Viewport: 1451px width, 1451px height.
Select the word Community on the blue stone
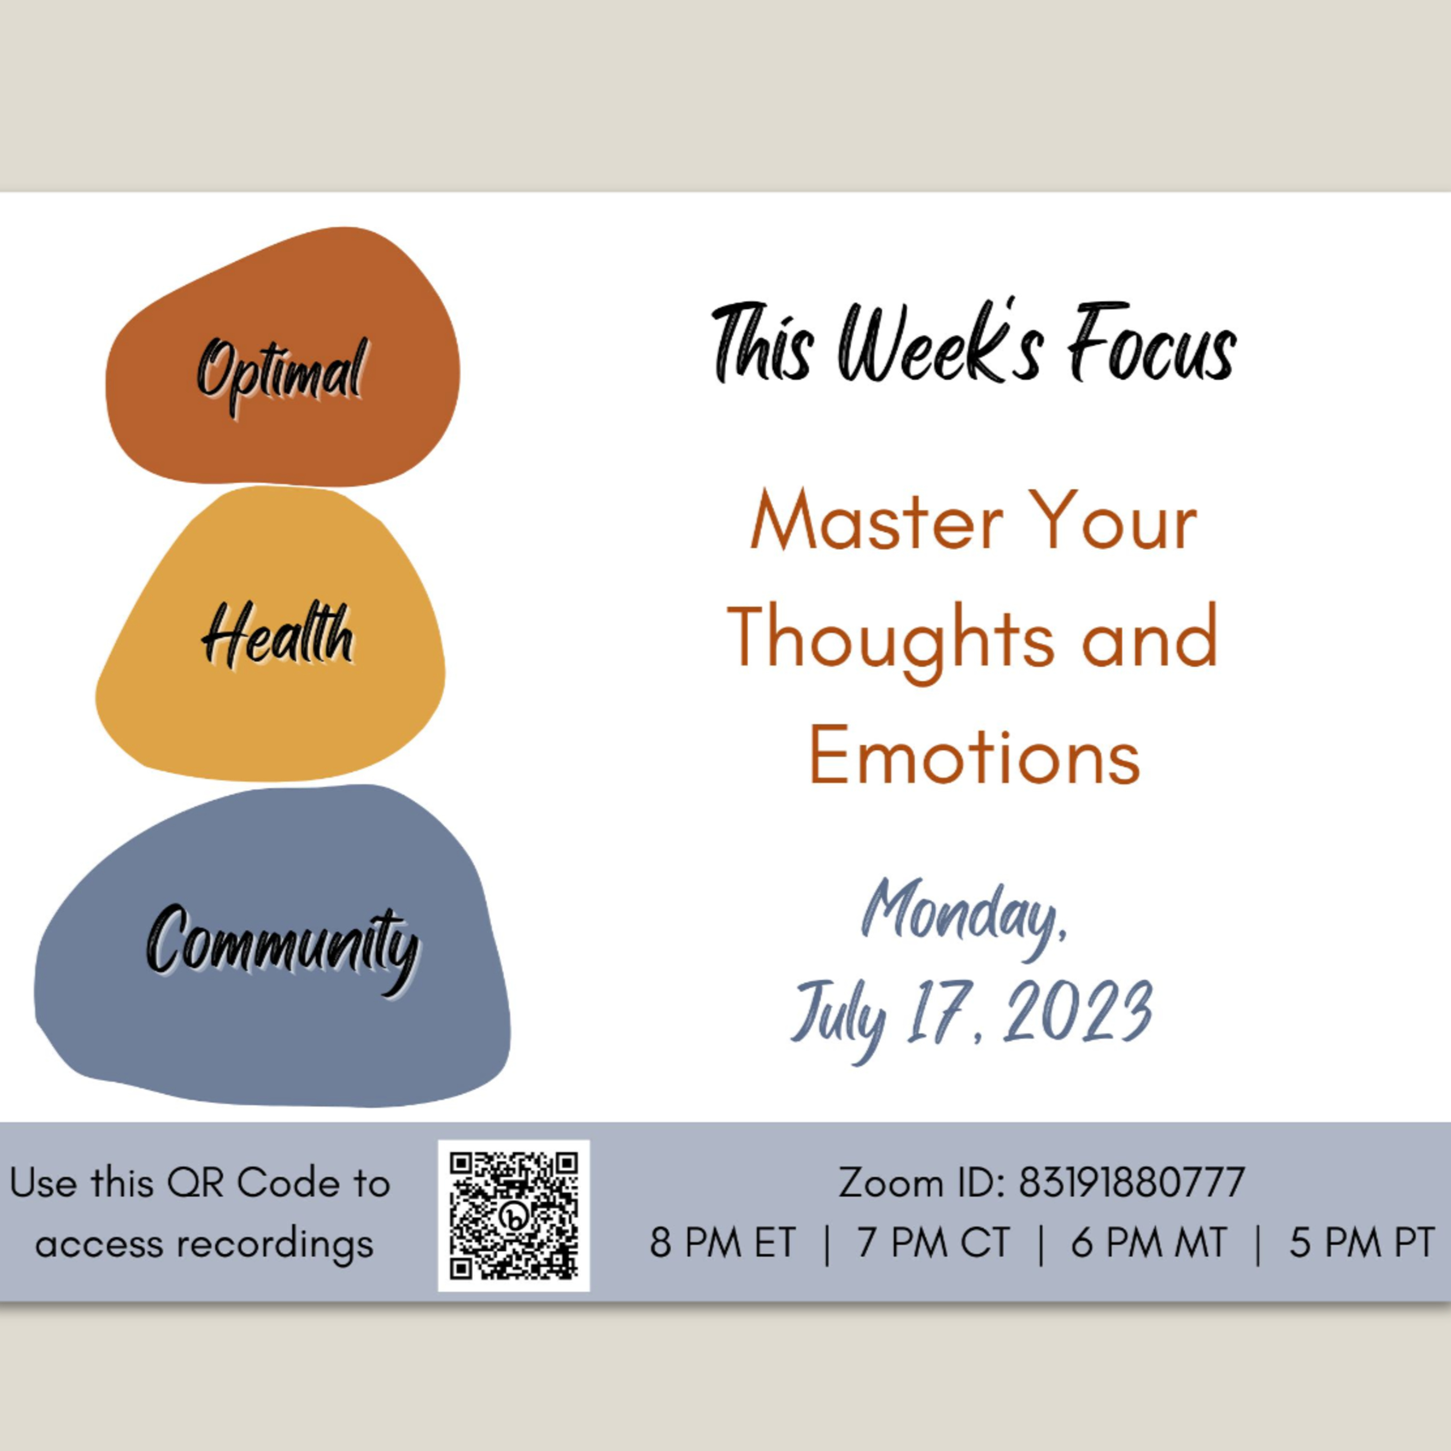click(282, 948)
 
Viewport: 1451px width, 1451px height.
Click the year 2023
click(1077, 1011)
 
